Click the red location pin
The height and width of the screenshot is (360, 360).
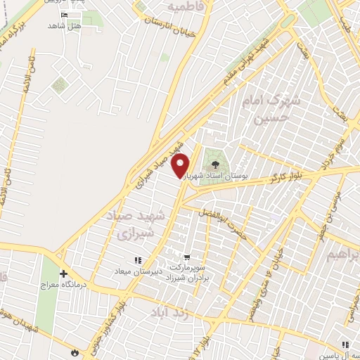pos(181,166)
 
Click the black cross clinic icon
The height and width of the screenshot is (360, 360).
pos(63,273)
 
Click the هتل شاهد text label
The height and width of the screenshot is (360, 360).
pos(65,26)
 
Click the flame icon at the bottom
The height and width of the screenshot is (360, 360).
pos(76,351)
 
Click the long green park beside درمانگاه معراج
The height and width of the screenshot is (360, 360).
pos(47,295)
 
